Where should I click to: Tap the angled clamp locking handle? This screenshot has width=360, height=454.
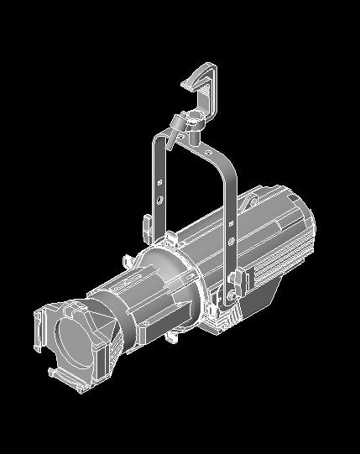pos(175,128)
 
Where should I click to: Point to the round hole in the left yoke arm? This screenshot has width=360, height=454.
pos(159,200)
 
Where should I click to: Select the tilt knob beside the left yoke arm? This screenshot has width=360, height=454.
pos(147,226)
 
